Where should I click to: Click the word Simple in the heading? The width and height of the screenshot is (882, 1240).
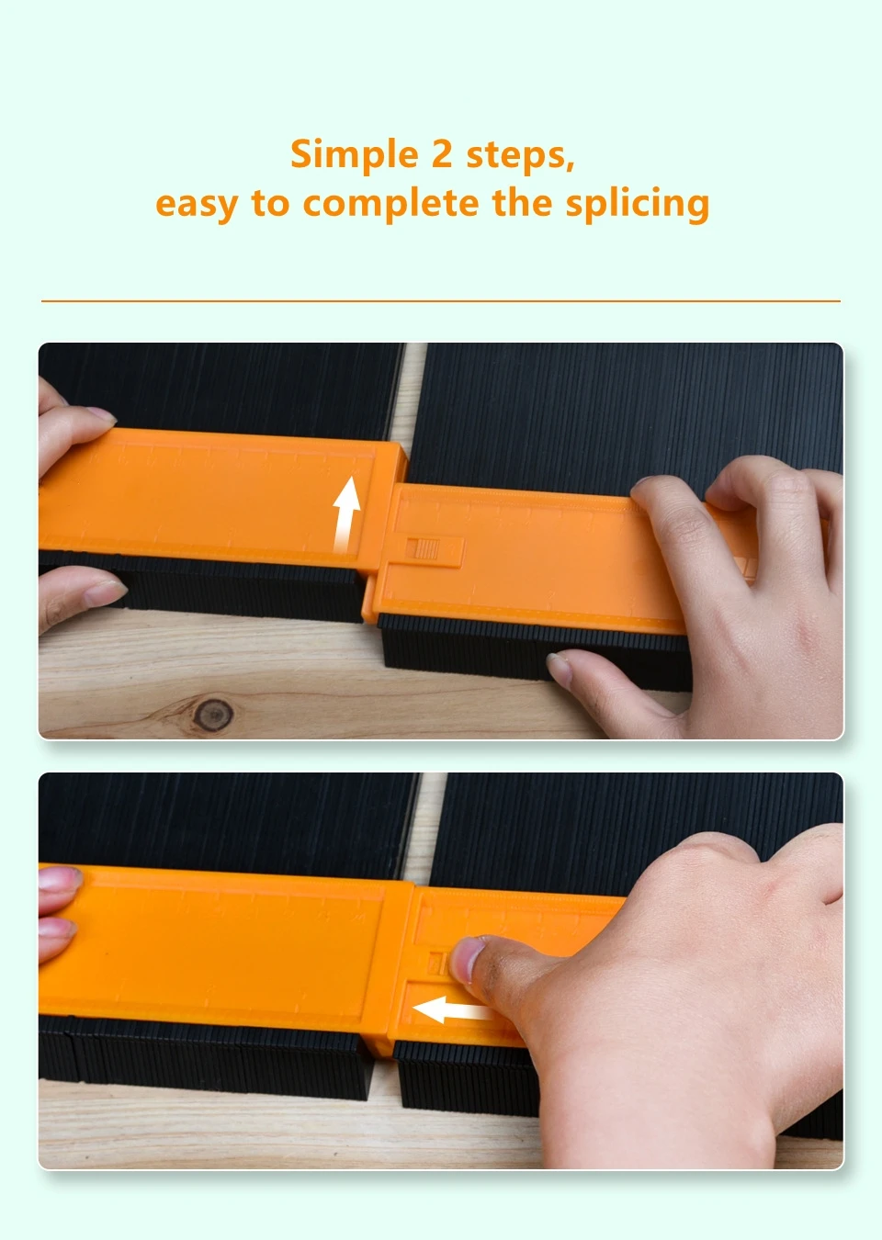[355, 155]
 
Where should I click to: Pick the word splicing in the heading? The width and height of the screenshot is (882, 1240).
[638, 203]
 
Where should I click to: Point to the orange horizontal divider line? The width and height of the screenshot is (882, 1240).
[441, 301]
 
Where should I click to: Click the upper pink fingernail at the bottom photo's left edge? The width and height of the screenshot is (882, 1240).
[59, 878]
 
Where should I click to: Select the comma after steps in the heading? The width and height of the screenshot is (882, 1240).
[570, 165]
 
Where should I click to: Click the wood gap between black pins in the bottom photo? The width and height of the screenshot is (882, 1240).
[430, 825]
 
